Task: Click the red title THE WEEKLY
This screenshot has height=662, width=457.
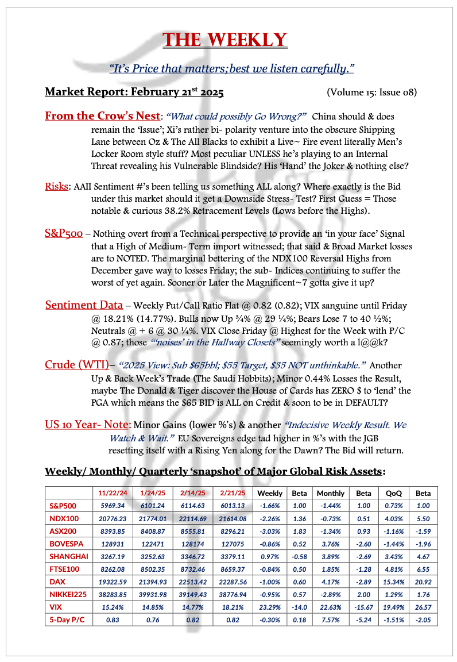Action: tap(224, 40)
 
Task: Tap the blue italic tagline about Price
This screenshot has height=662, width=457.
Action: tap(231, 68)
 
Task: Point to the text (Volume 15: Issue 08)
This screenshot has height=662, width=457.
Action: tap(371, 92)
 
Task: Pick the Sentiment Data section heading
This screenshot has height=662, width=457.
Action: tap(84, 305)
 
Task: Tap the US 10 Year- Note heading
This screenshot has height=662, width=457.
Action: tap(88, 425)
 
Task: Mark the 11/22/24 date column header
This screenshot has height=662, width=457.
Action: tap(112, 493)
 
